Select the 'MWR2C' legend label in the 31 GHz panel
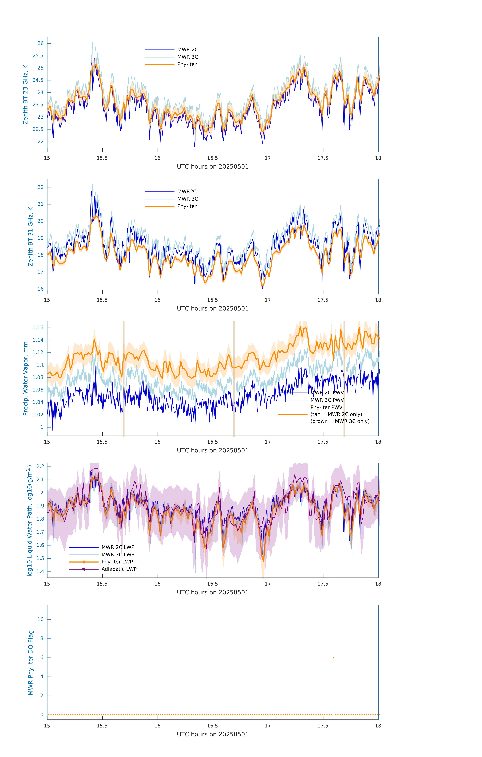click(x=187, y=191)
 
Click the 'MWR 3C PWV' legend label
click(x=327, y=400)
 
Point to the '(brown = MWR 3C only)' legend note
click(x=340, y=421)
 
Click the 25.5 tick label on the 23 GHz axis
click(x=38, y=56)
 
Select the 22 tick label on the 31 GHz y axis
click(x=40, y=187)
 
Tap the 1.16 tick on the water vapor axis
click(x=38, y=328)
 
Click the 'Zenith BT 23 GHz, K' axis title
click(x=25, y=95)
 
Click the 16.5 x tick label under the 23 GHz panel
click(x=213, y=158)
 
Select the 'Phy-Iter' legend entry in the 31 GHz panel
click(x=187, y=206)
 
